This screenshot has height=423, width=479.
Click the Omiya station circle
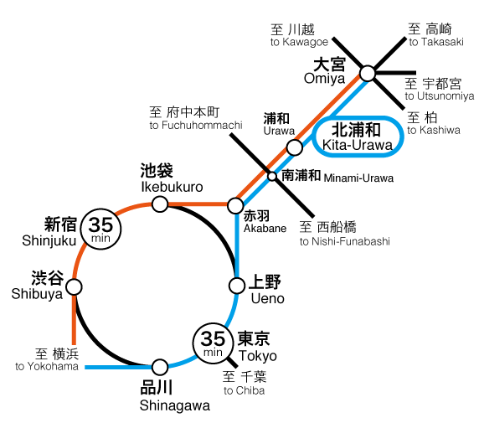point(367,74)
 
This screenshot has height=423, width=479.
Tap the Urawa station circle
point(295,147)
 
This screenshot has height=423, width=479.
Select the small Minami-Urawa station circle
point(272,177)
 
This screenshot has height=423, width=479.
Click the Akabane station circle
point(235,205)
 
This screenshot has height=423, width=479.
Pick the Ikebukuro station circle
point(160,204)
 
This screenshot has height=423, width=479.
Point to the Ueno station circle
point(237,286)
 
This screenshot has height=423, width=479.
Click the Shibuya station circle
point(75,287)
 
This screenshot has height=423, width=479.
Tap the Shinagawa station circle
point(160,367)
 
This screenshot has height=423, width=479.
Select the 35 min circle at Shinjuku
point(100,230)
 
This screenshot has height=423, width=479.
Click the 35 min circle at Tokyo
point(213,343)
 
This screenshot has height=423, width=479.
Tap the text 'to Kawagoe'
point(299,42)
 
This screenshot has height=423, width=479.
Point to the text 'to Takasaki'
point(436,42)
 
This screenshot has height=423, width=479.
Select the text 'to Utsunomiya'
point(440,96)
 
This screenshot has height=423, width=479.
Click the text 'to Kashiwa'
point(434,130)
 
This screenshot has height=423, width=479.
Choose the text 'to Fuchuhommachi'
point(196,125)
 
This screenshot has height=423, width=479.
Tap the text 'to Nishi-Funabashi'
point(344,241)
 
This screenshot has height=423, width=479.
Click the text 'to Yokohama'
point(47,366)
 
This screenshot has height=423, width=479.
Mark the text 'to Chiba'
point(244,390)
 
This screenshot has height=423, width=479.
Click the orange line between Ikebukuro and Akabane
point(198,204)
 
